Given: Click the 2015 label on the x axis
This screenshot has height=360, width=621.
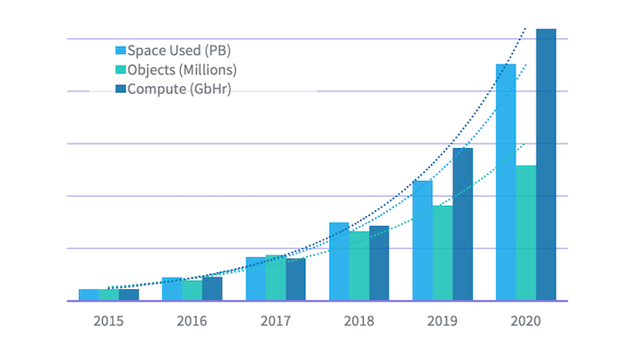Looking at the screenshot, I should coord(109,321).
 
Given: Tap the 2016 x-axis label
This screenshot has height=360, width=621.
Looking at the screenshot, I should coord(193,321).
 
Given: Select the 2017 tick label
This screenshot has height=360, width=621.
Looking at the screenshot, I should coord(276,321).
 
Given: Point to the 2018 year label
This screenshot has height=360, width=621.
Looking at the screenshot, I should coord(359,321).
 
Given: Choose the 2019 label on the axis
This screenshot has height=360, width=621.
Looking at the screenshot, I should coord(443,321).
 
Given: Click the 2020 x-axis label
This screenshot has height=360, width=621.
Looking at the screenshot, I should coord(526,321).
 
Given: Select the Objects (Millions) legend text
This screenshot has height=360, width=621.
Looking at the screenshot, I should coord(182,69).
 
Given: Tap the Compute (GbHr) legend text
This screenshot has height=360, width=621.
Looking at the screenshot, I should coord(179,89).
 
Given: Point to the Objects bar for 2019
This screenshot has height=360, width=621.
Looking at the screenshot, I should coord(443,253).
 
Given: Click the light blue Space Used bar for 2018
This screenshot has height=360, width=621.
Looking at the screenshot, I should coord(339,262).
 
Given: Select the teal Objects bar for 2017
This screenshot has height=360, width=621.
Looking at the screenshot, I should coord(276,278).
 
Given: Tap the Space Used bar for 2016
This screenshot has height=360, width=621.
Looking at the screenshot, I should coord(172,289).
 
